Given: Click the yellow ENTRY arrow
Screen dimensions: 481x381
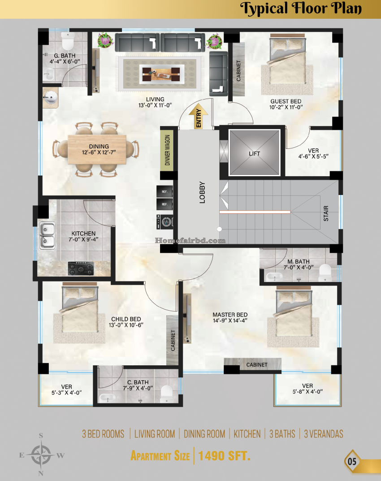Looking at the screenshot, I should tap(198, 117).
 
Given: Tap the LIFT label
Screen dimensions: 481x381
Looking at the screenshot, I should tap(254, 154).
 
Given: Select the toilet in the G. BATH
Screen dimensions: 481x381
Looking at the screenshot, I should tap(68, 42).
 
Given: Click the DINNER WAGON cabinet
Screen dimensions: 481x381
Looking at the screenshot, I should tap(167, 150).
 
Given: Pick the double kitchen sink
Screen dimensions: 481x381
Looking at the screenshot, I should tap(47, 235).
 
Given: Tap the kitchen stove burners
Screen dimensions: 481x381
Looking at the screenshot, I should tap(81, 269).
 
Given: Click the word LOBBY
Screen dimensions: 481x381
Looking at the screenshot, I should tap(202, 192).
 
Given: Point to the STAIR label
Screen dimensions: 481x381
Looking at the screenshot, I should tap(326, 213).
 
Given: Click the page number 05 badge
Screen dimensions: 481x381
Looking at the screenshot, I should tap(351, 462).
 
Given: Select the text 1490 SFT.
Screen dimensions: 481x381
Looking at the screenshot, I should tap(224, 456).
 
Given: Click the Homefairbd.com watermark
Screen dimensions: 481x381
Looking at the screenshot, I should tap(190, 240).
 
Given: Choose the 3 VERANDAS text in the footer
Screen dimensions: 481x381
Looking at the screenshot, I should tap(324, 433).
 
